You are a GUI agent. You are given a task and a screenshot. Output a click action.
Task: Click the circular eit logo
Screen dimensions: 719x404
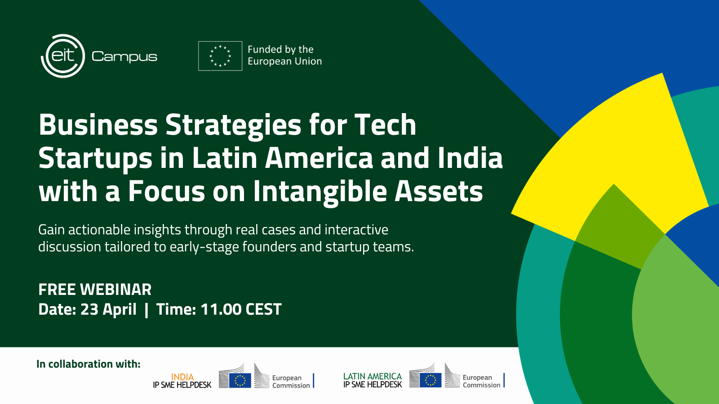pos(63,56)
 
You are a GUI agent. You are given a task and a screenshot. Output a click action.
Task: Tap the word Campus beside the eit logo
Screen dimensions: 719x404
pos(124,57)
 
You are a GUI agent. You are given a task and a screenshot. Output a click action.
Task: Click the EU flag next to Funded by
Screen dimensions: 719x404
pos(220,56)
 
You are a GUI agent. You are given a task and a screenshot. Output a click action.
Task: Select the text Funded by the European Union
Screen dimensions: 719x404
pos(284,55)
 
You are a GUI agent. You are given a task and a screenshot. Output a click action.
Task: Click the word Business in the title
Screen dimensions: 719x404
pos(98,125)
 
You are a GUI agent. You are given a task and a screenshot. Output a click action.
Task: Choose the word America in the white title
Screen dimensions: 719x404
pos(319,158)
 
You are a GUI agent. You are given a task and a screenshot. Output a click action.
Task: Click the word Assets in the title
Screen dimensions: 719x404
pos(439,192)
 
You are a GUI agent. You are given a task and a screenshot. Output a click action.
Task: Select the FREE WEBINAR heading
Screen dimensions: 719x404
pos(95,290)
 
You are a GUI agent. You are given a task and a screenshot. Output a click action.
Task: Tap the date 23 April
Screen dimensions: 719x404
pos(108,309)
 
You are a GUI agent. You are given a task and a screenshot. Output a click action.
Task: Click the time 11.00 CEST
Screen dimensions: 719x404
pos(241,309)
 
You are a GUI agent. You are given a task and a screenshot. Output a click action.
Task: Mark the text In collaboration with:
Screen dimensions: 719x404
pos(89,364)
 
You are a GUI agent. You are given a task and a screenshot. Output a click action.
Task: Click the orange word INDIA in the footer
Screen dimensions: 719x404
pos(182,377)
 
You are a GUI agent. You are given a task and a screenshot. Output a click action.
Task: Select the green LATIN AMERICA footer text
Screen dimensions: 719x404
pos(373,377)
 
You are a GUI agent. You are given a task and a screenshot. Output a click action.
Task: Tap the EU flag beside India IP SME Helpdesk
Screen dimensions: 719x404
pos(240,381)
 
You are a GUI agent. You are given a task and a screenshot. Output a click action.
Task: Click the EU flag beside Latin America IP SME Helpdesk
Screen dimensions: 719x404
pos(431,380)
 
